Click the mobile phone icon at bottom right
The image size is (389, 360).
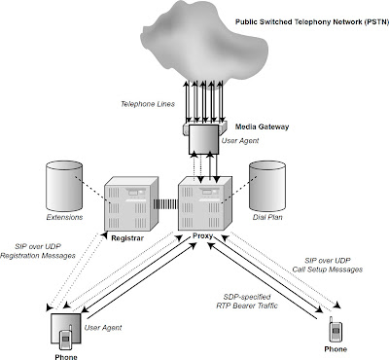click(333, 328)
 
